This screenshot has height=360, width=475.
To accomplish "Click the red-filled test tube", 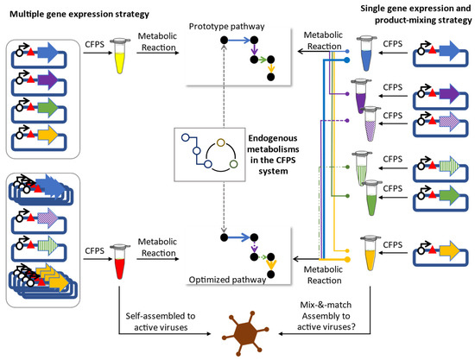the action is click(120, 262).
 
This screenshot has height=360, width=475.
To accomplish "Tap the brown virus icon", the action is click(245, 333).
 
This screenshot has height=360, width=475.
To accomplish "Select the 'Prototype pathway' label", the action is click(226, 27).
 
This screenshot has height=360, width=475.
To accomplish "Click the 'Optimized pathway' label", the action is click(227, 280).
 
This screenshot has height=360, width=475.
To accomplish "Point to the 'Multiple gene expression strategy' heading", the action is click(79, 14).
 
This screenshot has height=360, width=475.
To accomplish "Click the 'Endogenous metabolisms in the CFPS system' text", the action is click(273, 155).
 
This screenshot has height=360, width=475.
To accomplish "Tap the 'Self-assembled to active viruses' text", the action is click(161, 321).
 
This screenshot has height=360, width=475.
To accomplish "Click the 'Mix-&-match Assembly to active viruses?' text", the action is click(326, 316).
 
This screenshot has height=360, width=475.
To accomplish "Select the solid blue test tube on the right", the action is click(366, 54).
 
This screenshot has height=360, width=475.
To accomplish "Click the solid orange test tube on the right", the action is click(370, 253).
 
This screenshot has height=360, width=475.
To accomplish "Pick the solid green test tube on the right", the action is click(372, 198).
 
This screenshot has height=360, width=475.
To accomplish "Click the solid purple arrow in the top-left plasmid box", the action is click(47, 80).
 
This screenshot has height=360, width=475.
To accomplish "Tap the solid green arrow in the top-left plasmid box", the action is click(47, 108).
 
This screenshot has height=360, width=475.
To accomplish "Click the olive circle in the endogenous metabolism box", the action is click(221, 142).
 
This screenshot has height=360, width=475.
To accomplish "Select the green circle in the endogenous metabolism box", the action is click(233, 164).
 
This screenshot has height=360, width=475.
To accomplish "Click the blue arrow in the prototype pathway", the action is click(238, 40).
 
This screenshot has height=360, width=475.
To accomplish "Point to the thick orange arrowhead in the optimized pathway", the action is click(271, 265).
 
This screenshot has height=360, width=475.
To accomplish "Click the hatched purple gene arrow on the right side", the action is click(450, 122).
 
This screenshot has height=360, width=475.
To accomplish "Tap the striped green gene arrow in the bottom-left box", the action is click(48, 245).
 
